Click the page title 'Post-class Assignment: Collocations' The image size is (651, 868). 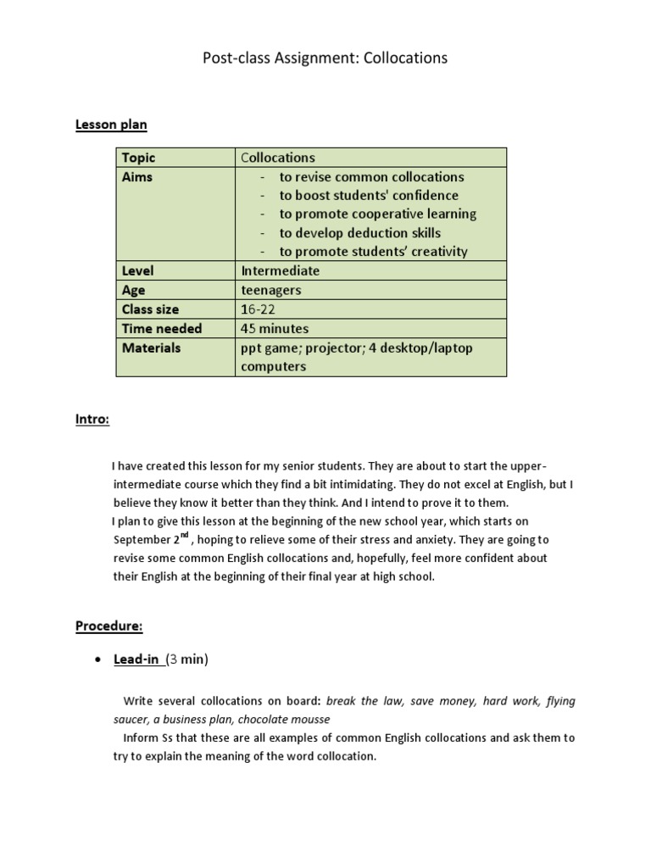pos(325,58)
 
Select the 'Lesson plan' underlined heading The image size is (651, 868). pos(111,125)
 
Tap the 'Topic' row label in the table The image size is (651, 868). pos(138,158)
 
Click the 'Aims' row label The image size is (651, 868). pos(137,177)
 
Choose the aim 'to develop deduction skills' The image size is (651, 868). pos(359,233)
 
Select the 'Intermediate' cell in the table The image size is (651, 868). pos(281,271)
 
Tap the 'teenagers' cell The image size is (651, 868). pos(271,290)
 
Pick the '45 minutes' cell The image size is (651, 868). pos(275,328)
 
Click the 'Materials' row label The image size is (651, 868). pos(151,348)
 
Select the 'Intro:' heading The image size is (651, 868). pos(92,420)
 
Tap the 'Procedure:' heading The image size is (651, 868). pos(108,626)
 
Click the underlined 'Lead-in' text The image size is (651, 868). pos(137,659)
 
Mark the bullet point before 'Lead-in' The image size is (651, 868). pos(99,660)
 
